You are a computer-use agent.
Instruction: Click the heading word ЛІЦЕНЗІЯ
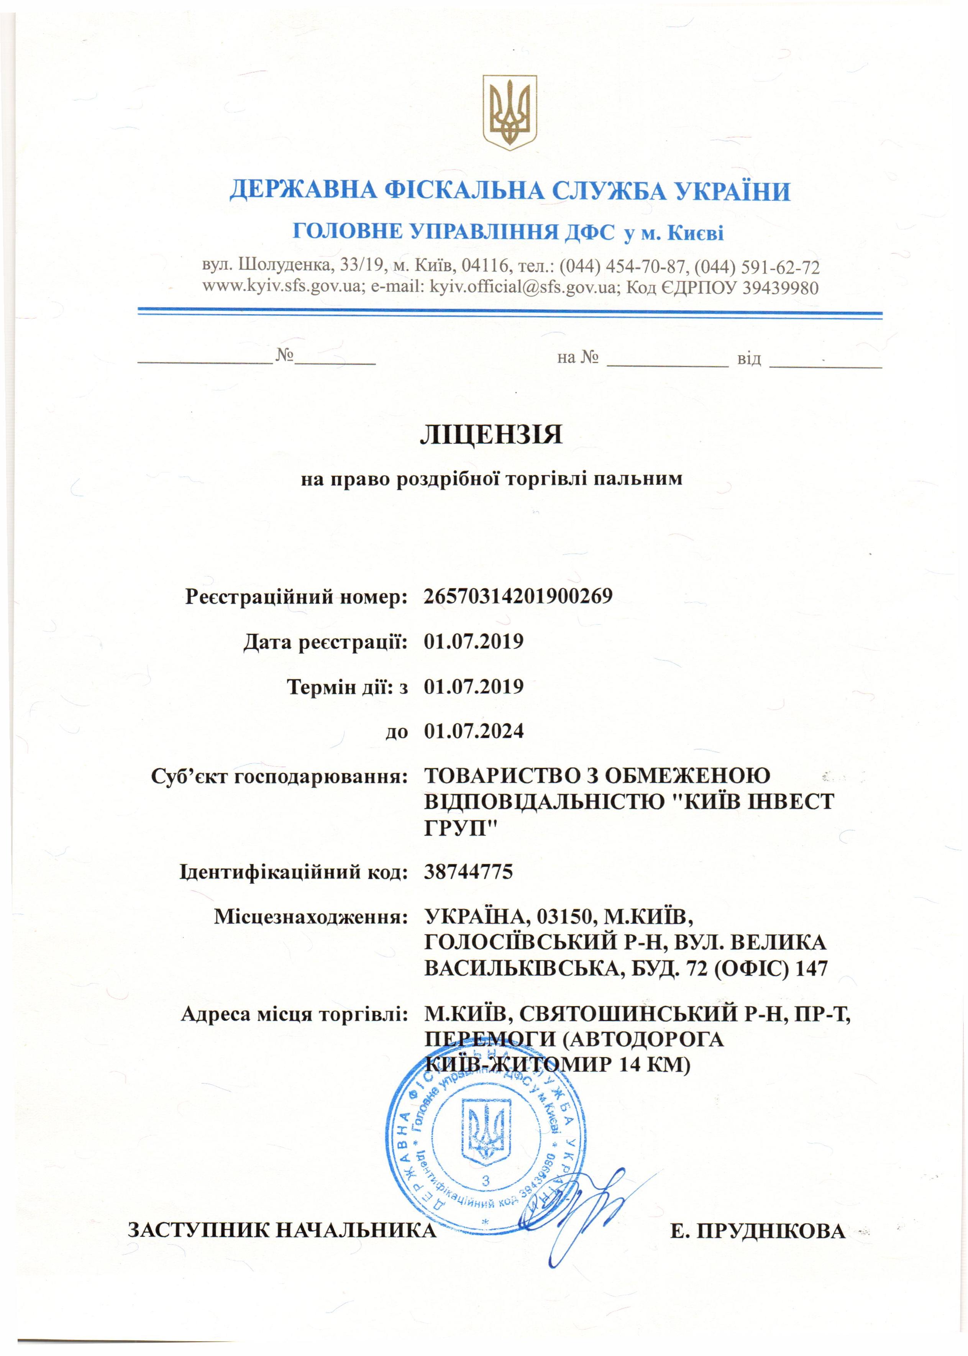pos(491,435)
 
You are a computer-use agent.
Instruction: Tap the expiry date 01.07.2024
pos(474,731)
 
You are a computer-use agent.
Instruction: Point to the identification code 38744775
pos(469,872)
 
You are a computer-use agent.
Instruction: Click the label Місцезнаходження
pos(310,917)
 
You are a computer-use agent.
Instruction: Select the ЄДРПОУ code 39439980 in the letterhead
pos(779,287)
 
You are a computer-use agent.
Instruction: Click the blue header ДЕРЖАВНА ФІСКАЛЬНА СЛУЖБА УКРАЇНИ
pos(510,191)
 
